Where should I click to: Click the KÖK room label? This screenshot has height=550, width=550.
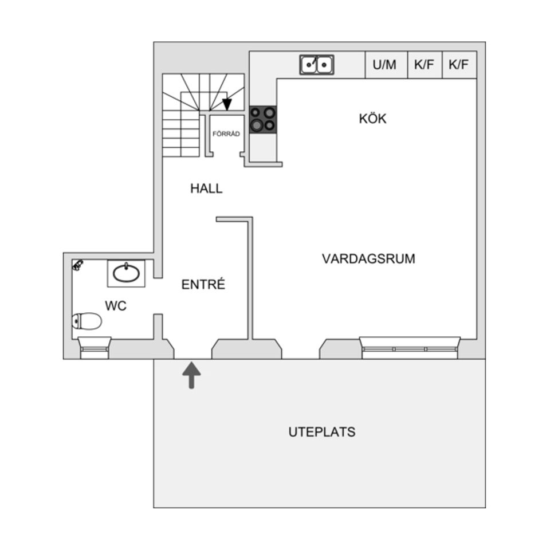(372, 119)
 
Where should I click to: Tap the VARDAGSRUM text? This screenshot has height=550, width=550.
(368, 259)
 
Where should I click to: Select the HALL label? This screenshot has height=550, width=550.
(206, 188)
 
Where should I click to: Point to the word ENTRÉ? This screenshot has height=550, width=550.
(203, 285)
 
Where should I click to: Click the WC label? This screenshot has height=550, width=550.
(115, 307)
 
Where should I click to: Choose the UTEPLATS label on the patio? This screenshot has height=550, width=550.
(321, 432)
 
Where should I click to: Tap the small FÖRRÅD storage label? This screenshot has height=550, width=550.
(226, 134)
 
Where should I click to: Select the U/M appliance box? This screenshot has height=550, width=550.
(384, 65)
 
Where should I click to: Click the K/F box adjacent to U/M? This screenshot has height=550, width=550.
(424, 65)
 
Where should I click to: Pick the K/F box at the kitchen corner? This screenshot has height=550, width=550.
(459, 65)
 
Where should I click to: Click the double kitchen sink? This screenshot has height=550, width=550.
(317, 65)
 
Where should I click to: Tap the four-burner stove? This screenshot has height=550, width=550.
(263, 119)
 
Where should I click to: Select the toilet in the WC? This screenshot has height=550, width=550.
(87, 321)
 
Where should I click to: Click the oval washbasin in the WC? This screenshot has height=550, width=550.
(126, 273)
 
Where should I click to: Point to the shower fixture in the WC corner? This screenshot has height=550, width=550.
(78, 265)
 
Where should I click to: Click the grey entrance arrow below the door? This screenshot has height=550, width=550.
(191, 376)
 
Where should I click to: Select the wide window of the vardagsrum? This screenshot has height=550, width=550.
(410, 347)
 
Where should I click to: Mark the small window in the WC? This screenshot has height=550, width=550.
(95, 347)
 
